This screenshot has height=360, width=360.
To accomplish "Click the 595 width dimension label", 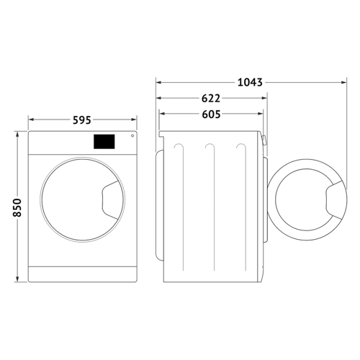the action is tap(82, 120).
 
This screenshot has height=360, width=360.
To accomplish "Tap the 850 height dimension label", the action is tap(17, 207).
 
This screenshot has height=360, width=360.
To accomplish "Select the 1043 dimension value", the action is tap(250, 82).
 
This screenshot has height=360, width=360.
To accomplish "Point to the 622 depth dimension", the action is tap(211, 99).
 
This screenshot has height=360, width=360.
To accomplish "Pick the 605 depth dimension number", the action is tap(211, 114).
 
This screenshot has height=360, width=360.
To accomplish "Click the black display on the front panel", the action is tap(104, 142).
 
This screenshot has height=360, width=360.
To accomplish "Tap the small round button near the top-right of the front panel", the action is tap(132, 136).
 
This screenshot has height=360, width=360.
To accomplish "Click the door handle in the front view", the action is tap(110, 200).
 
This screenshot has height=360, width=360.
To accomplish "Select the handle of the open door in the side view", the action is tap(334, 200).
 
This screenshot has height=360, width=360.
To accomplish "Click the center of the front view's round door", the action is tap(83, 199).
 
